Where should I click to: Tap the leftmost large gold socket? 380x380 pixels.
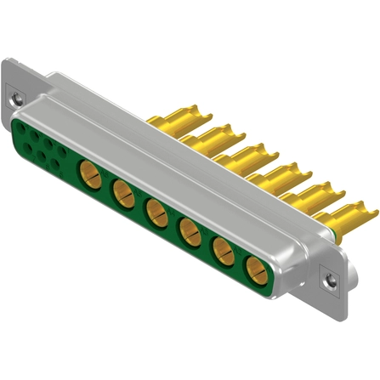(x=90, y=175)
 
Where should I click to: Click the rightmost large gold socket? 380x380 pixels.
(x=254, y=271)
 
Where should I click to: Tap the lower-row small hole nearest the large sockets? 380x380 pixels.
(x=57, y=164)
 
